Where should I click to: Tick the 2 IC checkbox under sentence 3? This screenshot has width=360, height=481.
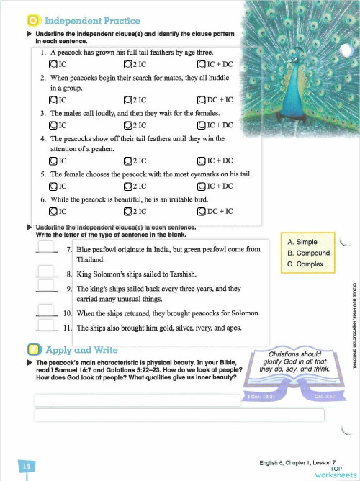pos(127,125)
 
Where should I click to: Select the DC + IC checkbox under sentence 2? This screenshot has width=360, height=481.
pos(202,100)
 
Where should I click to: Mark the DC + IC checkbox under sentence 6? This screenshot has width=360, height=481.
pos(202,211)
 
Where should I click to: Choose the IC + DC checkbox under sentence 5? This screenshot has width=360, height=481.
pos(202,186)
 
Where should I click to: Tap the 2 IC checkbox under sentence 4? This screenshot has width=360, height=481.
pos(127,161)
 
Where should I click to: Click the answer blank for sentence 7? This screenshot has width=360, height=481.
pos(45,248)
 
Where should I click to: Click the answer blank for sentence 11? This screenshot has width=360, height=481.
pos(45,327)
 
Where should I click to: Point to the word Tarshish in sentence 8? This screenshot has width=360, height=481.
pos(180,274)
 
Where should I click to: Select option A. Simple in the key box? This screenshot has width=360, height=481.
pos(302,243)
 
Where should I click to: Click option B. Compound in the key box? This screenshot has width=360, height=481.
pos(308,253)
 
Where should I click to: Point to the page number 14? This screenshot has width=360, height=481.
pos(26,467)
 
